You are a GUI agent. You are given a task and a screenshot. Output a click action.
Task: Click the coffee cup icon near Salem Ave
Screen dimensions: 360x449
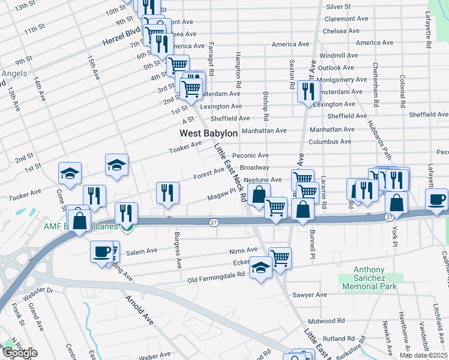pyautogui.click(x=101, y=251)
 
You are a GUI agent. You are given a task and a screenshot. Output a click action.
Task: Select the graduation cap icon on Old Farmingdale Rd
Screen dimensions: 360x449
pyautogui.click(x=261, y=266)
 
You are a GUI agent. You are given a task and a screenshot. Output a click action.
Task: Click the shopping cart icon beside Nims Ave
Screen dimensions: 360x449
pyautogui.click(x=280, y=258)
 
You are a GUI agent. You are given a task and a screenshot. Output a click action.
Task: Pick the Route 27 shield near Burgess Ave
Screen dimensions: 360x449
pyautogui.click(x=214, y=223)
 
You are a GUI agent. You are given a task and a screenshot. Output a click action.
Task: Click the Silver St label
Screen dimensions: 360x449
pyautogui.click(x=339, y=7)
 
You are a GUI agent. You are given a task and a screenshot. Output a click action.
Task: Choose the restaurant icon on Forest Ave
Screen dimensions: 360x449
pyautogui.click(x=167, y=192)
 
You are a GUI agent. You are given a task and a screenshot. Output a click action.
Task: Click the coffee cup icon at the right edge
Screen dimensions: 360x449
pyautogui.click(x=436, y=199)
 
